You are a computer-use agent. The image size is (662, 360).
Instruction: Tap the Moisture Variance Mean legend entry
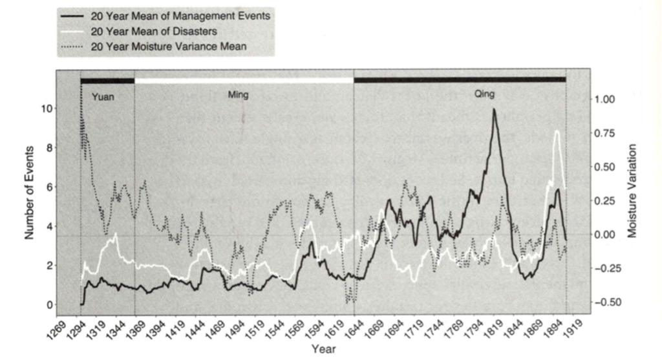click(x=169, y=46)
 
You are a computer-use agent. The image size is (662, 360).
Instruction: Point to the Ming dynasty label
click(x=239, y=95)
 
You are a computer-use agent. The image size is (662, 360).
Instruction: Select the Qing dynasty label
click(x=484, y=94)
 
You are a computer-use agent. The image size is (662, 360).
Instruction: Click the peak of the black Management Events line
click(x=494, y=109)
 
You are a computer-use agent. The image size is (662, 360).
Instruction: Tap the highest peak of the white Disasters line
click(x=557, y=131)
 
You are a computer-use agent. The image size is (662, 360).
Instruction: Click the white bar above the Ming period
click(x=244, y=80)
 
